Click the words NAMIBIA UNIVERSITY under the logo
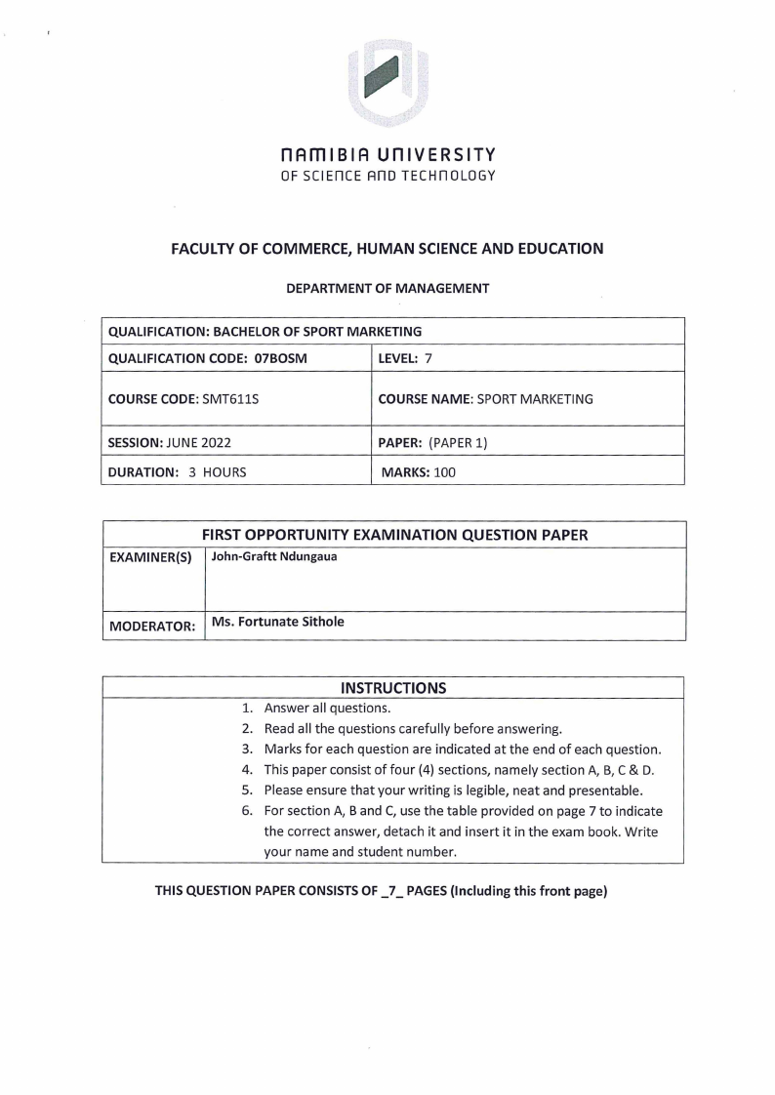[387, 155]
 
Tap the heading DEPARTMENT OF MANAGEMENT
[387, 288]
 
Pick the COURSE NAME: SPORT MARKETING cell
[485, 399]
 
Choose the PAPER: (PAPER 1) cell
[438, 441]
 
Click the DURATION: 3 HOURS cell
[177, 472]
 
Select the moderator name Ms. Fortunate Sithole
[278, 621]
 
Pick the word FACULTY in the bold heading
[204, 249]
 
